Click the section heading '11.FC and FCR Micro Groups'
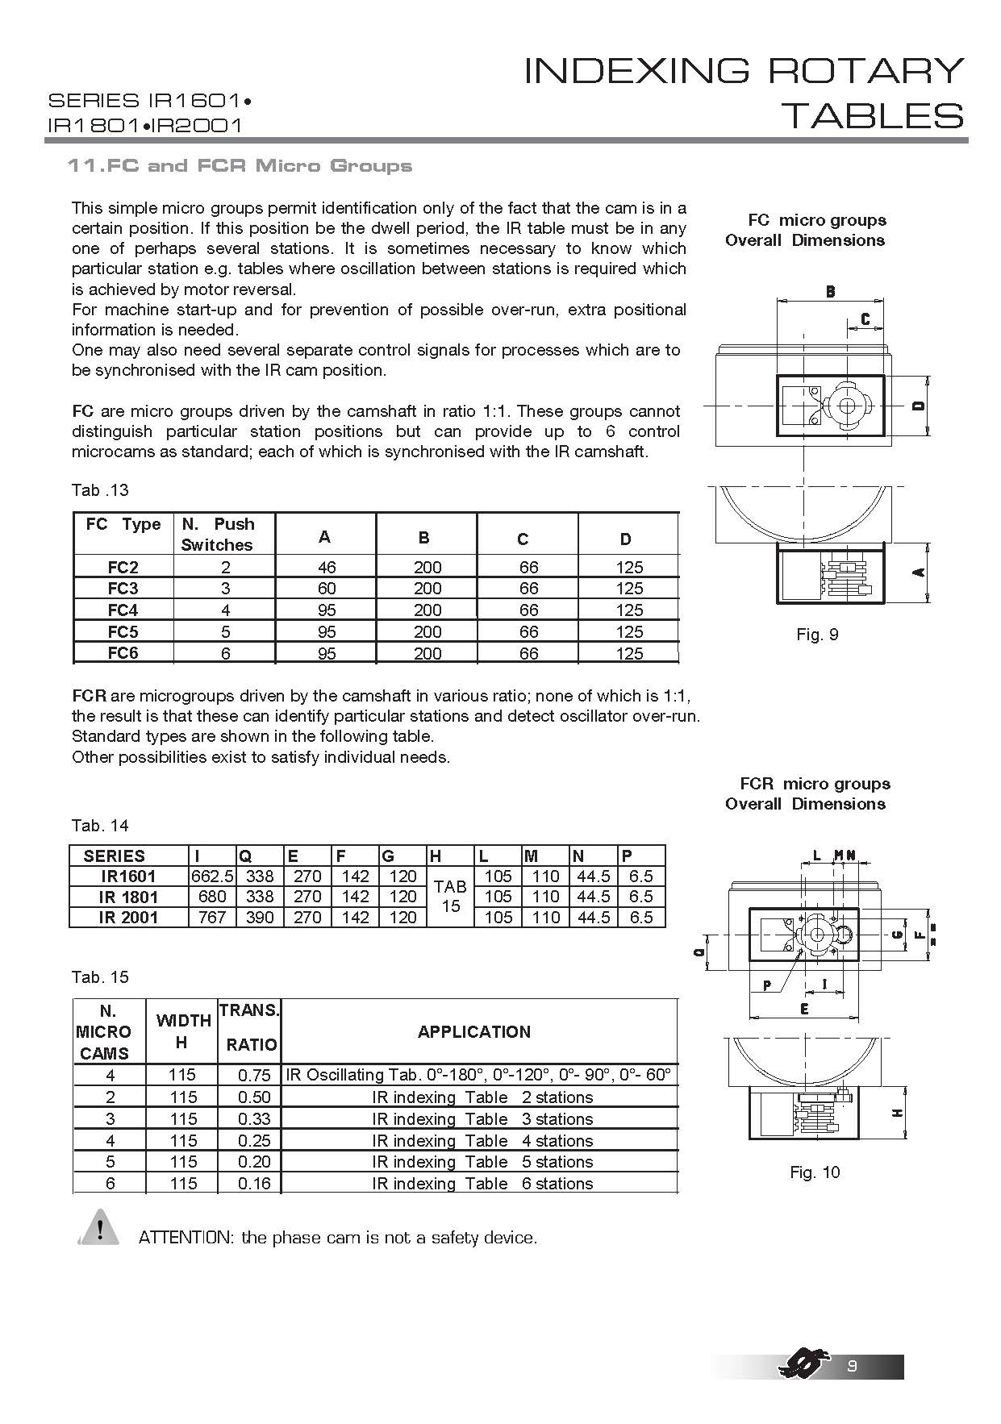[x=240, y=166]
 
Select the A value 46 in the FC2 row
[x=326, y=567]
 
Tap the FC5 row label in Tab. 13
[x=123, y=632]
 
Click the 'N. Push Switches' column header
[x=217, y=534]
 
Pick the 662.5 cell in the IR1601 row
[x=212, y=876]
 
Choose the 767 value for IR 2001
[x=212, y=918]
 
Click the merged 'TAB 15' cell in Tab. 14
[x=450, y=897]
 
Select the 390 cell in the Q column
[x=260, y=918]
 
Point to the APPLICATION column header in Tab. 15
[x=474, y=1032]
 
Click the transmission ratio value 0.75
[x=254, y=1076]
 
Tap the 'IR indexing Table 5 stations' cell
[x=482, y=1162]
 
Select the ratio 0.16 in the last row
[x=254, y=1184]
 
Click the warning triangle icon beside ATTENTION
[x=99, y=1228]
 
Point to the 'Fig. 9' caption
[x=817, y=635]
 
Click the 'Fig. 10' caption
[x=815, y=1172]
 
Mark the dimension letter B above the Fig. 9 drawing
[x=830, y=292]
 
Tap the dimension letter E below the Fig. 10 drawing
[x=804, y=1009]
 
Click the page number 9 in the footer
[x=852, y=1366]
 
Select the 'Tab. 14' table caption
[x=100, y=826]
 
